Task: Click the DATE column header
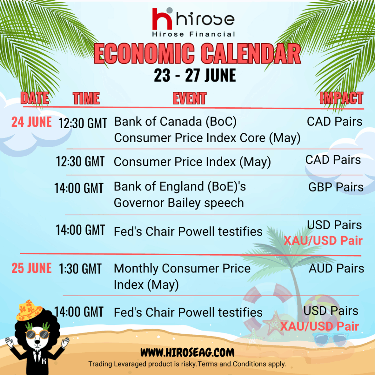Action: [x=35, y=98]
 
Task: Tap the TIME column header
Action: [x=86, y=98]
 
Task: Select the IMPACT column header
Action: [x=341, y=98]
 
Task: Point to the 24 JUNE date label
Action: [x=31, y=122]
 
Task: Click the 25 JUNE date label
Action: [x=31, y=268]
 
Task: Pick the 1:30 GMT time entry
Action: [x=80, y=269]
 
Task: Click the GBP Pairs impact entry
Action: [x=336, y=187]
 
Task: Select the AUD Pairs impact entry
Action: [x=336, y=268]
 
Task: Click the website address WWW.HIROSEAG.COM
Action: [x=187, y=353]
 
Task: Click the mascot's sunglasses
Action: [x=37, y=334]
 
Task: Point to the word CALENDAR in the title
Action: [x=250, y=53]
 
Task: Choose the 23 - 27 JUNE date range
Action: [x=195, y=75]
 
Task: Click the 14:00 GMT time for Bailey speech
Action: [x=79, y=188]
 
